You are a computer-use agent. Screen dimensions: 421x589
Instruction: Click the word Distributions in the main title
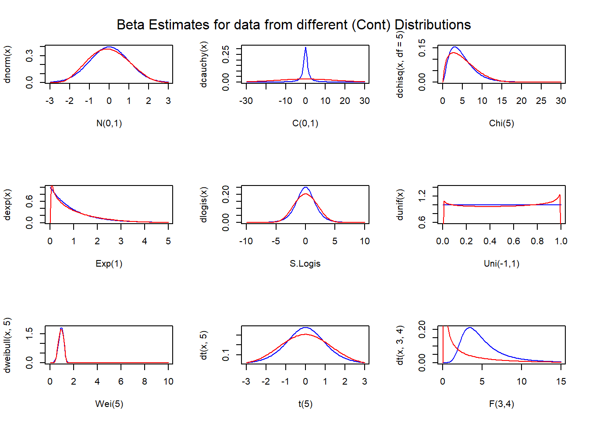(x=433, y=25)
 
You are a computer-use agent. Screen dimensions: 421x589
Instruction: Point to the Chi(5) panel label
(x=501, y=123)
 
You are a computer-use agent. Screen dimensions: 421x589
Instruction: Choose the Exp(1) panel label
(x=109, y=264)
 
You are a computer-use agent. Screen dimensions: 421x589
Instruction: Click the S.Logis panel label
(x=305, y=264)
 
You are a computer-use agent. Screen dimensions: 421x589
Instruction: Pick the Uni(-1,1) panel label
(x=501, y=264)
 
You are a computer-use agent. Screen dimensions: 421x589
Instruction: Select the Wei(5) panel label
(x=109, y=404)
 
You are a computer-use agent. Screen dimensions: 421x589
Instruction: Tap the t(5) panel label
(x=305, y=404)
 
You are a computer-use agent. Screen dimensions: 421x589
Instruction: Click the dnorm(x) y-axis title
(x=7, y=64)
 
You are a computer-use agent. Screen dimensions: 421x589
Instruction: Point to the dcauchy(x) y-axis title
(x=204, y=64)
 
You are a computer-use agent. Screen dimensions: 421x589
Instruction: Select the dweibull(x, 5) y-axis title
(x=7, y=345)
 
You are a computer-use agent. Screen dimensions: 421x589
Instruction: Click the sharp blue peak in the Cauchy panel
(x=305, y=49)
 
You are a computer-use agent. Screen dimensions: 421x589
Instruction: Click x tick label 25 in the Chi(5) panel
(x=541, y=101)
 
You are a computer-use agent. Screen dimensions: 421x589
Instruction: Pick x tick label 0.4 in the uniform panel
(x=490, y=241)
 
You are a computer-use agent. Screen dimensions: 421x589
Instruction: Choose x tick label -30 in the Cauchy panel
(x=246, y=101)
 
